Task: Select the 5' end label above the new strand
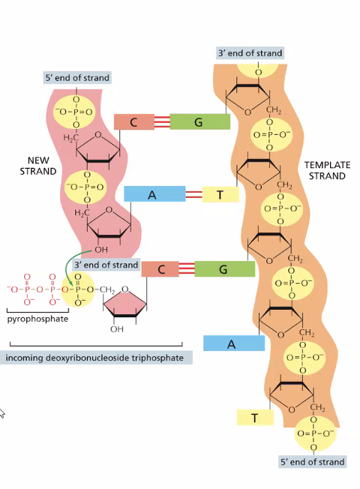click(76, 77)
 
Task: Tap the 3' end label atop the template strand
click(250, 53)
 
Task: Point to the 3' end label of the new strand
click(106, 264)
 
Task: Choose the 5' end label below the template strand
click(312, 462)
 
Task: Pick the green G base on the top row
click(199, 122)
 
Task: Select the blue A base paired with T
click(154, 194)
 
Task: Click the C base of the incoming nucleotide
click(160, 269)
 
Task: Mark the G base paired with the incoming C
click(223, 269)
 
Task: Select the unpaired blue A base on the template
click(233, 343)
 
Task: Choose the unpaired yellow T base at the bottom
click(255, 418)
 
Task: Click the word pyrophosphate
click(37, 319)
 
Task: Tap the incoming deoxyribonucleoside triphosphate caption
click(94, 357)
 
